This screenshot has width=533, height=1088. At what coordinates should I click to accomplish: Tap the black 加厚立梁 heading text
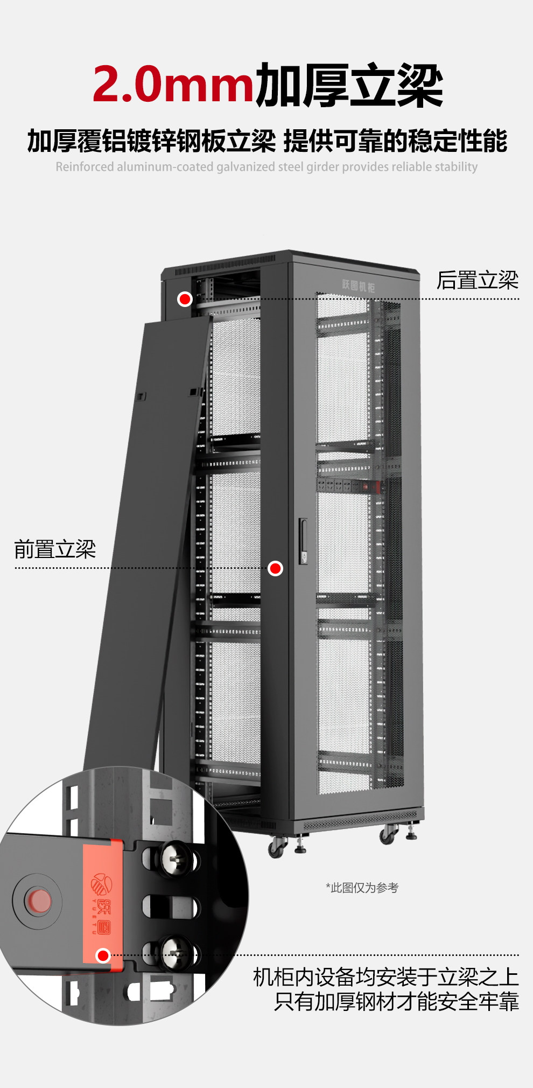pyautogui.click(x=349, y=85)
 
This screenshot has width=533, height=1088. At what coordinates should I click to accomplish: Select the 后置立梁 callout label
pyautogui.click(x=477, y=280)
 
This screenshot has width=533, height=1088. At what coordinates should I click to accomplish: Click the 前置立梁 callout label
pyautogui.click(x=55, y=549)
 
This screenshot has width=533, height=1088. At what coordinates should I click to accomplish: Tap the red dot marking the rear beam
pyautogui.click(x=185, y=299)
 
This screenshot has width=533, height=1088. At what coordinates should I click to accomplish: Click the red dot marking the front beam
pyautogui.click(x=275, y=568)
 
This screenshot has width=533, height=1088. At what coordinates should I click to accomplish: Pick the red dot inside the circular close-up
pyautogui.click(x=103, y=956)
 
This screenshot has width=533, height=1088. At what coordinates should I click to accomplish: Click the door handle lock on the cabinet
pyautogui.click(x=304, y=541)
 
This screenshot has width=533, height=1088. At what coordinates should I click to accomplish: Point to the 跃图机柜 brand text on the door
pyautogui.click(x=359, y=285)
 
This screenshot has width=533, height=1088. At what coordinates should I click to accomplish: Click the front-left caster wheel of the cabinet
pyautogui.click(x=277, y=847)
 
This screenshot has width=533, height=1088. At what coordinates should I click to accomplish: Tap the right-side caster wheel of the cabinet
pyautogui.click(x=388, y=834)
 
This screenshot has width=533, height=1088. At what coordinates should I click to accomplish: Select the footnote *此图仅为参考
pyautogui.click(x=362, y=888)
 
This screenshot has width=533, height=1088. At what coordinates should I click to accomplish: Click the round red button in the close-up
pyautogui.click(x=39, y=901)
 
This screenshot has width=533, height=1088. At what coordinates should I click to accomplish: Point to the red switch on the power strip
pyautogui.click(x=366, y=487)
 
